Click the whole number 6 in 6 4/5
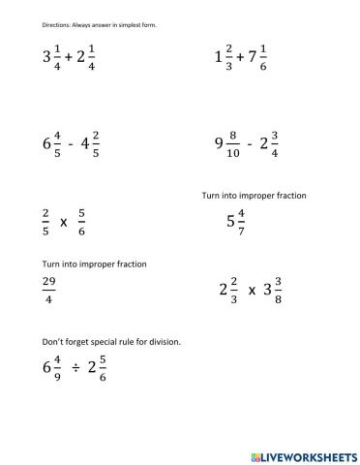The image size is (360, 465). pyautogui.click(x=46, y=145)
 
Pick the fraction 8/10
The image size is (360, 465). pyautogui.click(x=233, y=144)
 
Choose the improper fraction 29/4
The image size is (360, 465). pyautogui.click(x=49, y=290)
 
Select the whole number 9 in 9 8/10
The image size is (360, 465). pyautogui.click(x=220, y=145)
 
